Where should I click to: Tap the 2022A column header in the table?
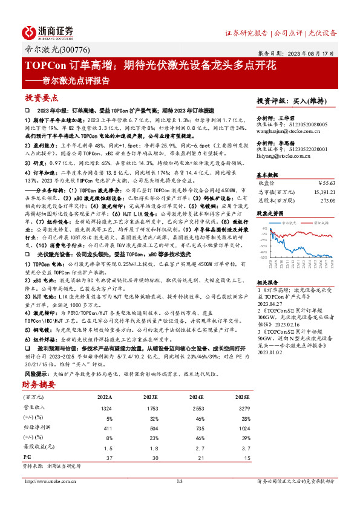tap(105, 397)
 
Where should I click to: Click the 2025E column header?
tap(242, 397)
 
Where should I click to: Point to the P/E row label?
tap(27, 458)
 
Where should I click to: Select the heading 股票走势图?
tap(270, 213)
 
